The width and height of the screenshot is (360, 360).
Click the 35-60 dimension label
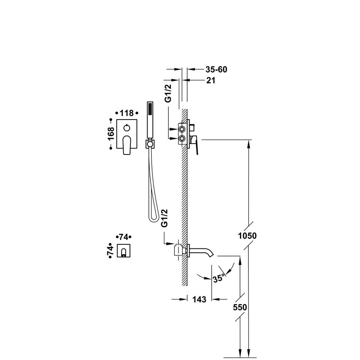[217, 70]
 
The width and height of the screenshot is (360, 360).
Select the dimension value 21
[211, 80]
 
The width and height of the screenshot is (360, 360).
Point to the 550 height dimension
[240, 307]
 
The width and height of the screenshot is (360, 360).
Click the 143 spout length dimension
[199, 299]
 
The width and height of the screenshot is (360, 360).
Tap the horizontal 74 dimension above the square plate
[124, 237]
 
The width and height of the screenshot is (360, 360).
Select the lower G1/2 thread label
[164, 218]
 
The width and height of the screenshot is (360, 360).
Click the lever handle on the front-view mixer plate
[127, 144]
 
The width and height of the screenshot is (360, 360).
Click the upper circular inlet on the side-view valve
[182, 129]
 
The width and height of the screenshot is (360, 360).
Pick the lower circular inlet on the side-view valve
[182, 139]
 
